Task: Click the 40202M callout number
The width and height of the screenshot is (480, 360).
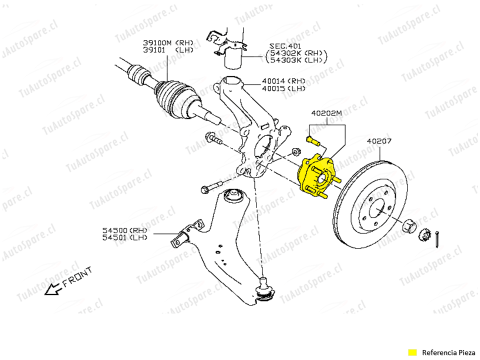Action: pyautogui.click(x=326, y=113)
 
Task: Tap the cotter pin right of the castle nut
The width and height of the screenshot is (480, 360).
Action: pyautogui.click(x=437, y=239)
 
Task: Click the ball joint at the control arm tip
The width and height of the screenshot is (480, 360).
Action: pyautogui.click(x=265, y=290)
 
